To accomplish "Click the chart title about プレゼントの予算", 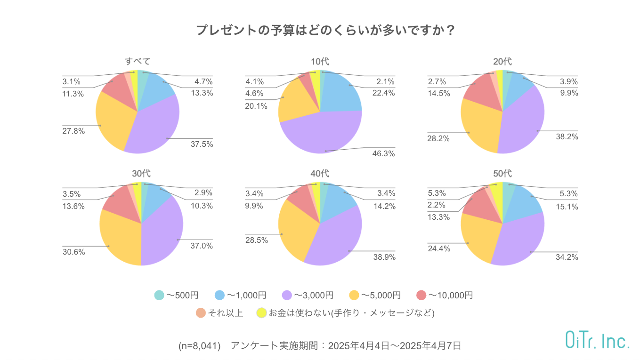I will coord(325,31).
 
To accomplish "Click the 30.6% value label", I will coord(73,252).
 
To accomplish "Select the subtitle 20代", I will coord(502,62).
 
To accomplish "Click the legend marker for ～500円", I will coord(159,296).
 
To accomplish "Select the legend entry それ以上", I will coord(225,313).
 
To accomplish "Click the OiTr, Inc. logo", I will coord(597,340).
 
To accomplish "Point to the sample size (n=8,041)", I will coord(200,345).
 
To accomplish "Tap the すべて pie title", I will coord(138,62).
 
